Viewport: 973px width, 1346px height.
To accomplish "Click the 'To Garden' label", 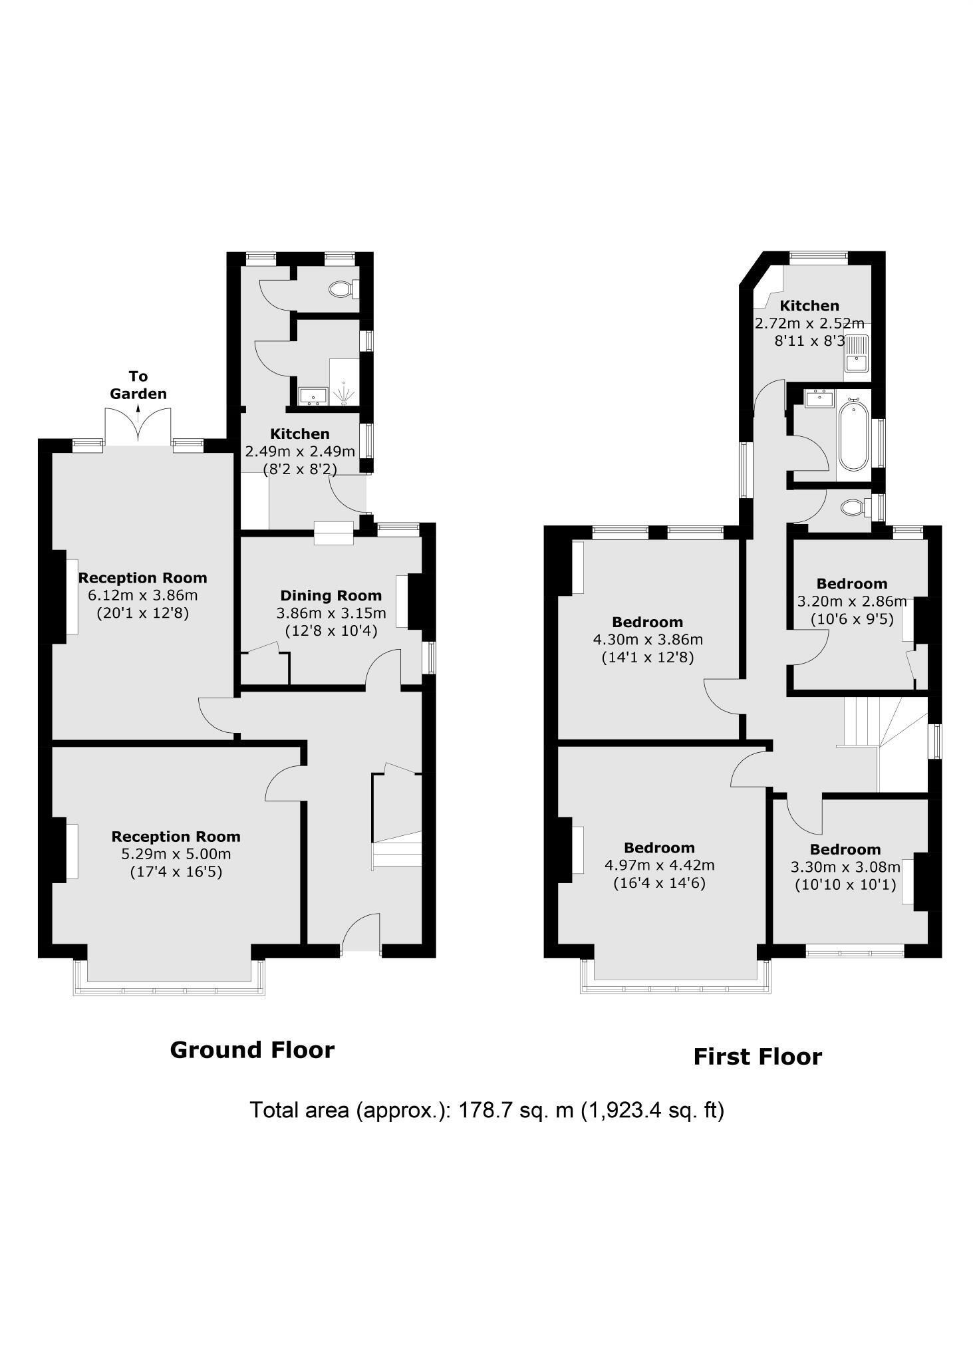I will [138, 385].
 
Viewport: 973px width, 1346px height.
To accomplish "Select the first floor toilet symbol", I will [853, 508].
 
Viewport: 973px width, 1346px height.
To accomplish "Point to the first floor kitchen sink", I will [856, 354].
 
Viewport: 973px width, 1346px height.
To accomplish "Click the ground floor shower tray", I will [344, 382].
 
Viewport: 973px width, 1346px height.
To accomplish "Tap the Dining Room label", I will [331, 595].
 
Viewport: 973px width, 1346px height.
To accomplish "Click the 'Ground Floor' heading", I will [252, 1049].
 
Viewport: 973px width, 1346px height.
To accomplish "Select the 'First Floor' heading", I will [758, 1057].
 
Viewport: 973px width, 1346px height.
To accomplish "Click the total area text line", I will [486, 1110].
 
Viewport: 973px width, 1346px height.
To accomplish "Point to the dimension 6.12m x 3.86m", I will [143, 595].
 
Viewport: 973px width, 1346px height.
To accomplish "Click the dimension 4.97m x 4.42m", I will [659, 865].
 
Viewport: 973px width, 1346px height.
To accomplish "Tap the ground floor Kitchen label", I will [299, 434].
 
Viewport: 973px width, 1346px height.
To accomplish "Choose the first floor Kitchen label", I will [809, 306].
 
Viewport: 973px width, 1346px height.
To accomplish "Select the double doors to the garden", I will [138, 426].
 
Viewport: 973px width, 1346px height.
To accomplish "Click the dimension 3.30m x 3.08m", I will [845, 867].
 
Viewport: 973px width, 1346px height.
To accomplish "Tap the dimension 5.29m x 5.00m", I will [176, 854].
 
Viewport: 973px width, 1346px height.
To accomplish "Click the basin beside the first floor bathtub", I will [818, 400].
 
